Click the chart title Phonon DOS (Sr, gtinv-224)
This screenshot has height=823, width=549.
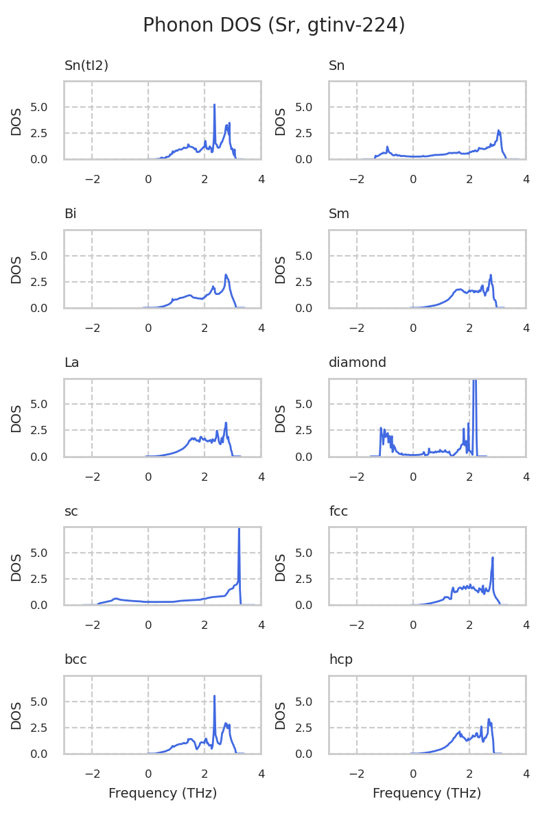[x=274, y=25]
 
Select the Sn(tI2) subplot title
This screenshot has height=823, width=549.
[x=86, y=66]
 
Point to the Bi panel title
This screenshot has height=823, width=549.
[x=70, y=214]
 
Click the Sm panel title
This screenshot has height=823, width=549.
[x=339, y=214]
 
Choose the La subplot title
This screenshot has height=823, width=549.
[x=71, y=363]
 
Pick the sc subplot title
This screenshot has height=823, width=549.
[x=71, y=512]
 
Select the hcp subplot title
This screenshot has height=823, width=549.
[x=340, y=660]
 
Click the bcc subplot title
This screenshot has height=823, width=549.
[x=75, y=660]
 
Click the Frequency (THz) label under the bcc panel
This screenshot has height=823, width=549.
[x=163, y=794]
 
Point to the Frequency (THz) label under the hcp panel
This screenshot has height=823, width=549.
[x=427, y=794]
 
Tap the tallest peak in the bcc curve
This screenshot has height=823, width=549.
[x=215, y=696]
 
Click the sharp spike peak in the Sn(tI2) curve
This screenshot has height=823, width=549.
[x=215, y=105]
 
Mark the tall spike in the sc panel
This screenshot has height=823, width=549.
[x=239, y=529]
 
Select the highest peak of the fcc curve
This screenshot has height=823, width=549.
[x=493, y=558]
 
